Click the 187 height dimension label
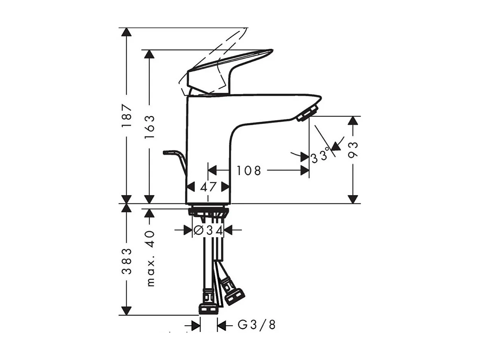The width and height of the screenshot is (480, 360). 127,115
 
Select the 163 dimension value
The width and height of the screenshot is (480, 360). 150,126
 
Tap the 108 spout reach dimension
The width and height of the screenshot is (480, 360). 248,170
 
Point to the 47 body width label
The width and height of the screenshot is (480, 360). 208,187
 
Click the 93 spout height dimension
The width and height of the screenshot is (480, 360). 353,150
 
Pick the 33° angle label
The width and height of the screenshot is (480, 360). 320,156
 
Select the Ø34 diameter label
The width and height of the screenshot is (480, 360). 208,230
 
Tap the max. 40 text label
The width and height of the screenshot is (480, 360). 150,258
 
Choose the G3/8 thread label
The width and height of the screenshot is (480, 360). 256,325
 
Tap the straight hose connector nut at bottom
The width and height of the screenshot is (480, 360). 208,308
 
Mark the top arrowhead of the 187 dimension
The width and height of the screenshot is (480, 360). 126,32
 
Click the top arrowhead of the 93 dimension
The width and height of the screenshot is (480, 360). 353,121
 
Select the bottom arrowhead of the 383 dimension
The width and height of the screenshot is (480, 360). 126,310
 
